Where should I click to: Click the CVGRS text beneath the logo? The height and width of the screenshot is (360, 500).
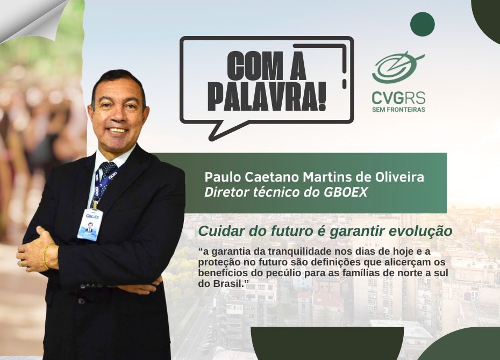pyautogui.click(x=398, y=98)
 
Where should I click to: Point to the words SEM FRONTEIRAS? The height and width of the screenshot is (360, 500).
pyautogui.click(x=398, y=110)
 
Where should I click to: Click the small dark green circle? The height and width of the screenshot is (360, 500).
pyautogui.click(x=423, y=24)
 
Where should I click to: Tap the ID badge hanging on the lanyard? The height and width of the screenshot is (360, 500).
pyautogui.click(x=90, y=224)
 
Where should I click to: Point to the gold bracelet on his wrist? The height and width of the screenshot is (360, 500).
pyautogui.click(x=46, y=256)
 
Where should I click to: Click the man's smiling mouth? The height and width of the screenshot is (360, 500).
pyautogui.click(x=117, y=130)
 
